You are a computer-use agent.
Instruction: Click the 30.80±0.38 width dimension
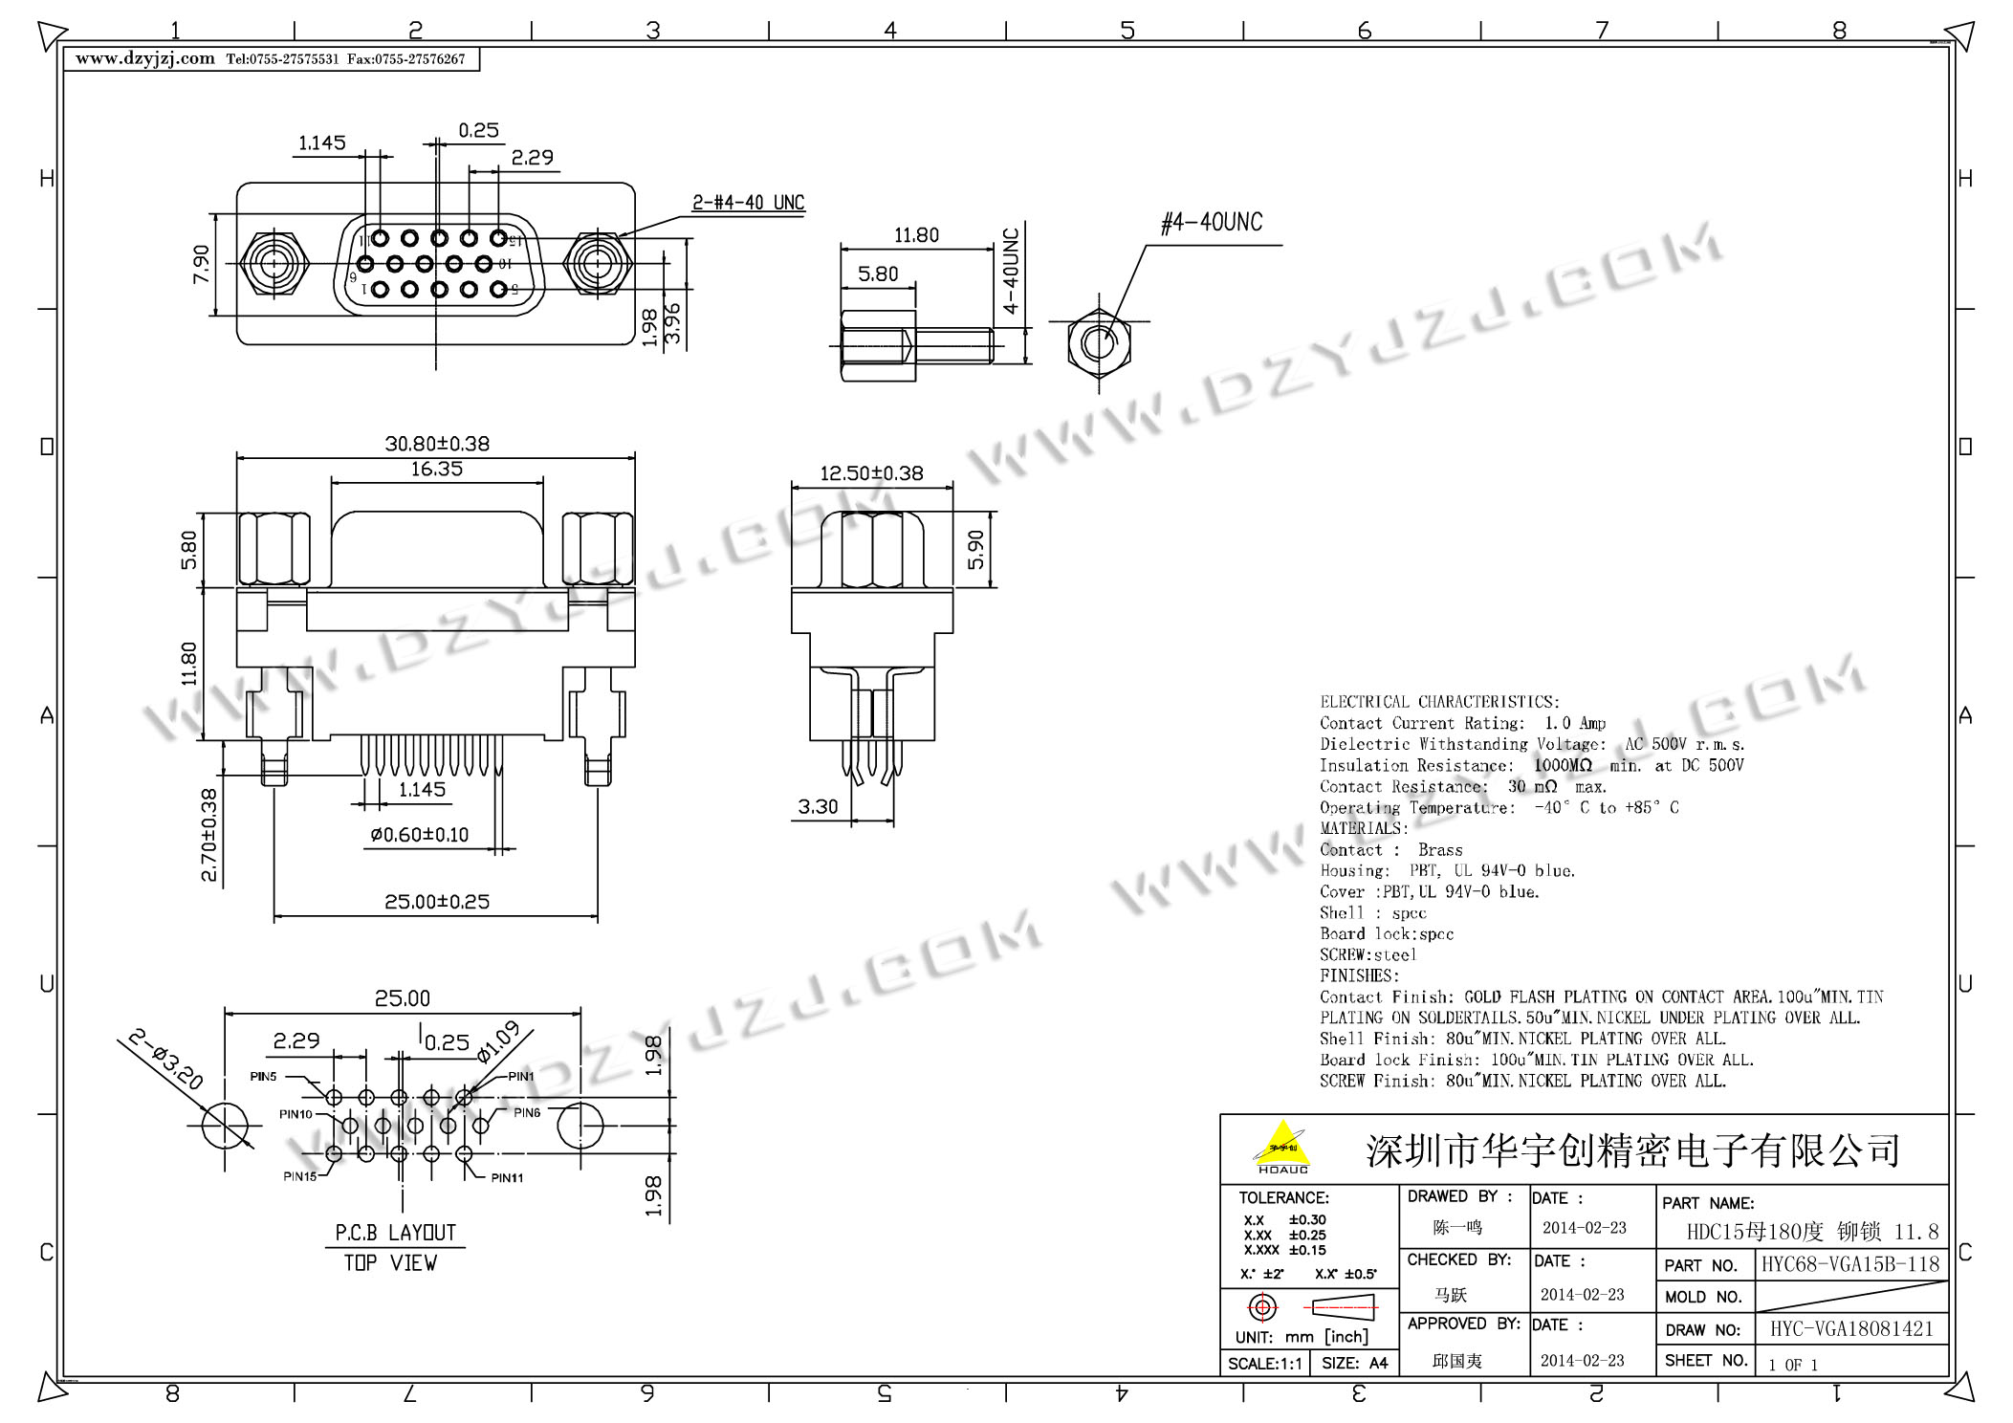pyautogui.click(x=437, y=444)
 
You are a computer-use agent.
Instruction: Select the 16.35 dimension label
pyautogui.click(x=437, y=469)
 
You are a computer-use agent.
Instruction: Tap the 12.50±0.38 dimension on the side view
pyautogui.click(x=871, y=473)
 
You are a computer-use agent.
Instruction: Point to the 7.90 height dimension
pyautogui.click(x=201, y=264)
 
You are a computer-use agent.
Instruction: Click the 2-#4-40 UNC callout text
pyautogui.click(x=748, y=203)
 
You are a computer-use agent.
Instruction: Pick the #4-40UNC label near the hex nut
pyautogui.click(x=1211, y=223)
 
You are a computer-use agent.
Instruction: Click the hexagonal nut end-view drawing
pyautogui.click(x=1099, y=343)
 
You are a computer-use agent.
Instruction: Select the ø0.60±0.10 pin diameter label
pyautogui.click(x=420, y=835)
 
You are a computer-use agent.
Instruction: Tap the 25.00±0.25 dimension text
pyautogui.click(x=437, y=902)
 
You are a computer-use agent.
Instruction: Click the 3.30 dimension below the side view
pyautogui.click(x=818, y=807)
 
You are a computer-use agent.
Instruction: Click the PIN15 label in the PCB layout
pyautogui.click(x=299, y=1176)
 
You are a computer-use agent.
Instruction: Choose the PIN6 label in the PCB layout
pyautogui.click(x=527, y=1112)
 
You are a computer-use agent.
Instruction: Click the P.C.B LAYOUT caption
pyautogui.click(x=395, y=1233)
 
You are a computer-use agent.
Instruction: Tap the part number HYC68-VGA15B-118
pyautogui.click(x=1850, y=1264)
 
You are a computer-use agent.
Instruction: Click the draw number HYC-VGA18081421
pyautogui.click(x=1850, y=1329)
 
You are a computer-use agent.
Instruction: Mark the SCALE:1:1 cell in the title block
pyautogui.click(x=1264, y=1364)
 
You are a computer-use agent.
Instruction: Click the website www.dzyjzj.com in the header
pyautogui.click(x=145, y=58)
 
